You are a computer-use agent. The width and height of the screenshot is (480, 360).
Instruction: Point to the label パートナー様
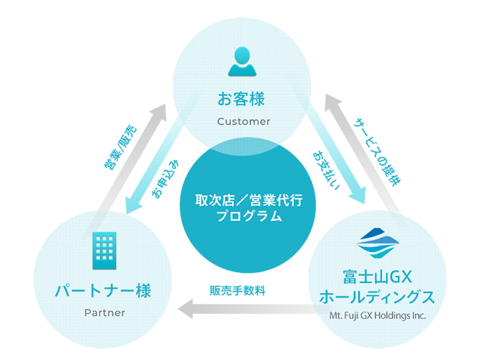click(x=104, y=291)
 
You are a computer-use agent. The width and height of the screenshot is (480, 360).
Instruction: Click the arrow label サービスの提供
click(x=377, y=151)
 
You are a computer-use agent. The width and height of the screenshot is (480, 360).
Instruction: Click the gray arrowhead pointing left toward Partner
click(x=185, y=310)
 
